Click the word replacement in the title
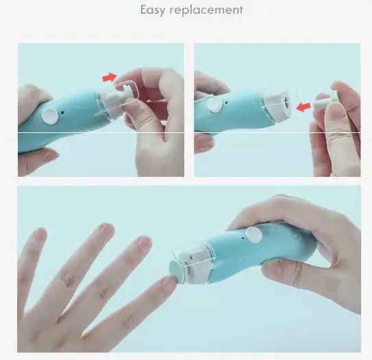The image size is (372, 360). point(206,10)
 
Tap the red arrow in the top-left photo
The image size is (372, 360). point(110,77)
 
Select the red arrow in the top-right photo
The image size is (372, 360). point(303,107)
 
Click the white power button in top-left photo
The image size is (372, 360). point(50,117)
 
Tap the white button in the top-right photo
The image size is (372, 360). point(215,104)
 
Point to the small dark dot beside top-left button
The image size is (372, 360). point(62,112)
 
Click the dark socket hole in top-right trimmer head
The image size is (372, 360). point(287,101)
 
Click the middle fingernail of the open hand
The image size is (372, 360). point(106,228)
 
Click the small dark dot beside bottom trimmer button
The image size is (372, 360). point(243,237)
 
